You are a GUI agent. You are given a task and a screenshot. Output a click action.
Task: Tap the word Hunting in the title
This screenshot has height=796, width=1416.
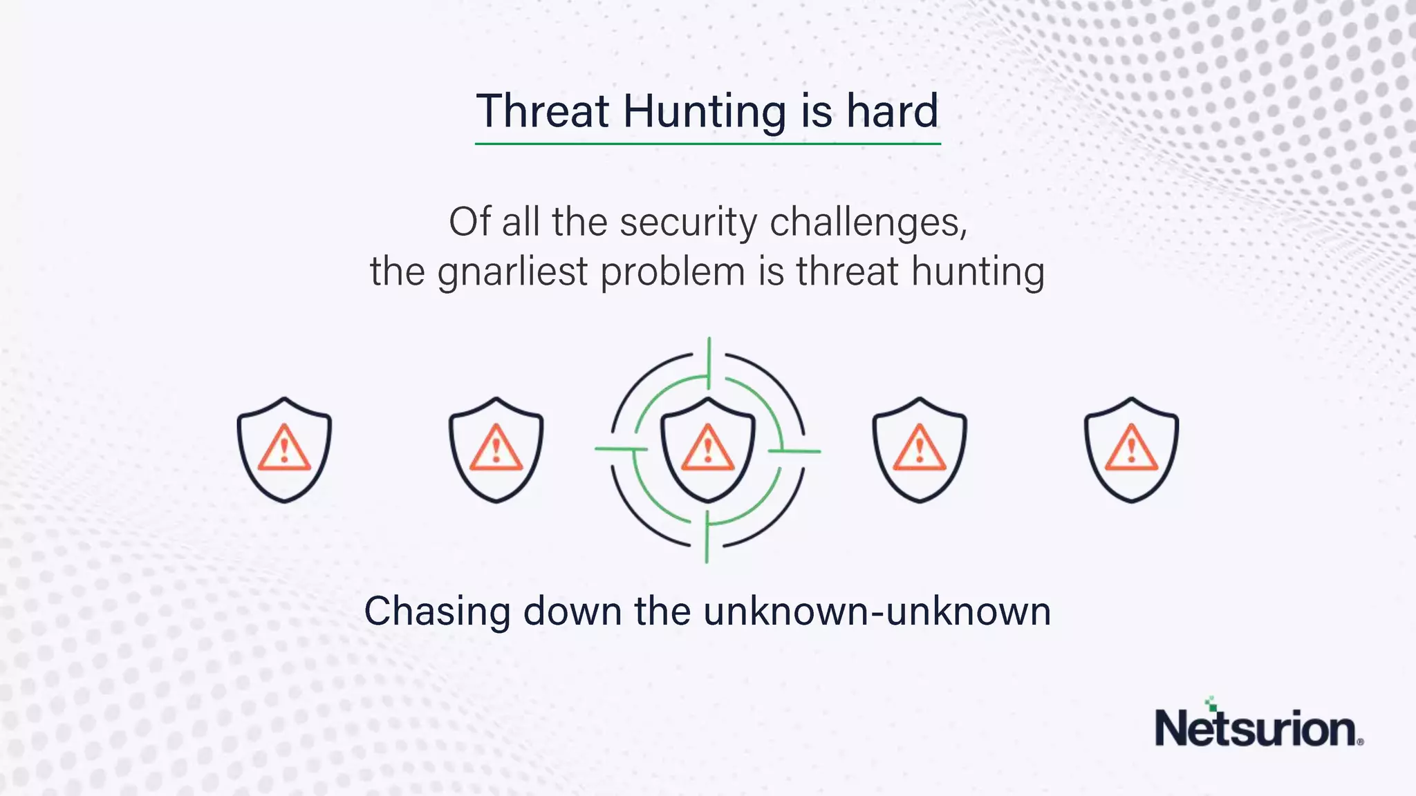click(x=704, y=112)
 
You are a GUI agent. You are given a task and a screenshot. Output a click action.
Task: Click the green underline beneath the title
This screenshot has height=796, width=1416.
click(x=707, y=144)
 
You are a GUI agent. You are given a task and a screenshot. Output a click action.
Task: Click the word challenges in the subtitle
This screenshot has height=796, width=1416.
click(x=868, y=222)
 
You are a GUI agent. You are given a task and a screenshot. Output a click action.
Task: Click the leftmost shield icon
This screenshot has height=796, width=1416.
click(x=284, y=449)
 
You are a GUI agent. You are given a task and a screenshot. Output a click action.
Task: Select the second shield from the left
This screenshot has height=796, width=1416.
click(x=496, y=449)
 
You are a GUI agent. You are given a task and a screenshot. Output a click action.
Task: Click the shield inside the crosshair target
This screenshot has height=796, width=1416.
click(x=707, y=449)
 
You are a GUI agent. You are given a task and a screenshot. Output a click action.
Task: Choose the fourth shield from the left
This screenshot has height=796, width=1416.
click(x=919, y=449)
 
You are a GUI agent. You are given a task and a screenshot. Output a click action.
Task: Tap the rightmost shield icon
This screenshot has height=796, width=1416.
click(x=1131, y=449)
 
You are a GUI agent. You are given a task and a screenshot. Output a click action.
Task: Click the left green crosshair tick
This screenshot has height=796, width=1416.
click(x=620, y=449)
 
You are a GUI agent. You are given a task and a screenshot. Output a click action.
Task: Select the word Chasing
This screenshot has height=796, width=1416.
click(x=437, y=612)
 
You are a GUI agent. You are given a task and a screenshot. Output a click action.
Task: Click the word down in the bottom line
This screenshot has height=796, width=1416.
click(x=572, y=612)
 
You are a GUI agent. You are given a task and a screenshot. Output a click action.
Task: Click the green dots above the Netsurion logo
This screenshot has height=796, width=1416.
click(x=1211, y=703)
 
